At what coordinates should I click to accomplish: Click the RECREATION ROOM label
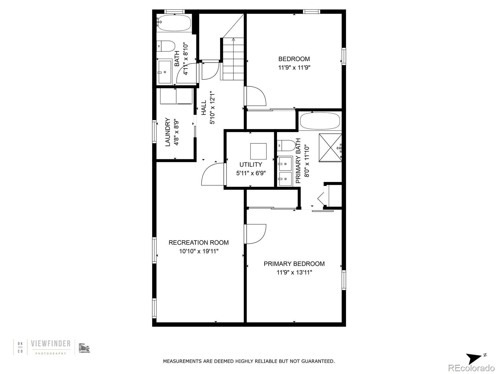pyautogui.click(x=199, y=242)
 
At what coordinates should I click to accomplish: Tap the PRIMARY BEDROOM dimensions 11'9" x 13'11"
pyautogui.click(x=294, y=272)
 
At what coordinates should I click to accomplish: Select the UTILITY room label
pyautogui.click(x=251, y=165)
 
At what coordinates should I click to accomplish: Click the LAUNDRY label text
pyautogui.click(x=168, y=132)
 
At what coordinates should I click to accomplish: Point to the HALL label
pyautogui.click(x=204, y=108)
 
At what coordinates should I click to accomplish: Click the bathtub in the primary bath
pyautogui.click(x=320, y=121)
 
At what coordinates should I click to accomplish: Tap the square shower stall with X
pyautogui.click(x=330, y=148)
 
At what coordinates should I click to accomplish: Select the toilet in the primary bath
pyautogui.click(x=286, y=146)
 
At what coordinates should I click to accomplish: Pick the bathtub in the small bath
pyautogui.click(x=175, y=23)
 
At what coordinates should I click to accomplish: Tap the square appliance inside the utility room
pyautogui.click(x=258, y=151)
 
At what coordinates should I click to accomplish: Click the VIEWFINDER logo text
pyautogui.click(x=51, y=343)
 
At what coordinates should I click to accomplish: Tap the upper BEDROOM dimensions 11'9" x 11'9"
pyautogui.click(x=294, y=67)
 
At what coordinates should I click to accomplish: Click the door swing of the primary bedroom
pyautogui.click(x=256, y=234)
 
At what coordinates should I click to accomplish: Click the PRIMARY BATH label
pyautogui.click(x=298, y=161)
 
